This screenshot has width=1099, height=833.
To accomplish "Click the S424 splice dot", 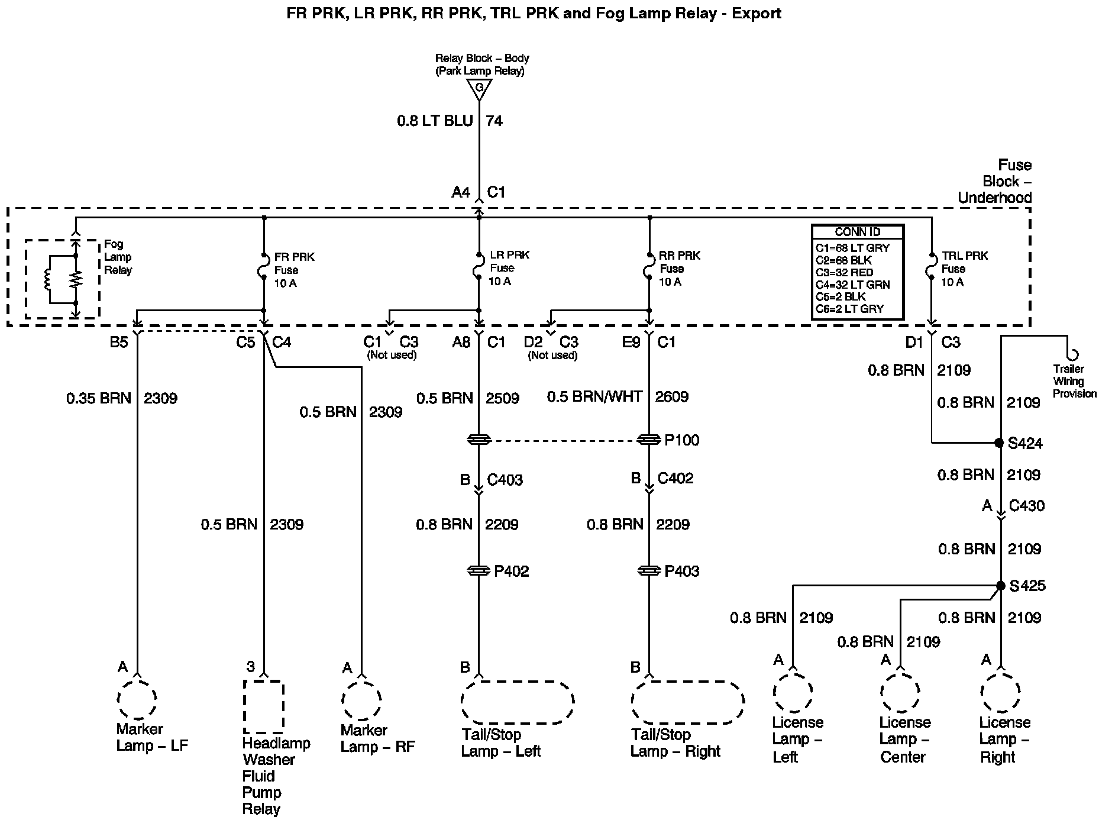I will tap(1000, 443).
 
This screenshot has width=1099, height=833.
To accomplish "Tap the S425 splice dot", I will tap(1000, 586).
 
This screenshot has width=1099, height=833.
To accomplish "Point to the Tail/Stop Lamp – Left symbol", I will tap(517, 702).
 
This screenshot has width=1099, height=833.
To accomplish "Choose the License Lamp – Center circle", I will tap(900, 692).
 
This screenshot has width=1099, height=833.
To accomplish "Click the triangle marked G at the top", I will tap(479, 89).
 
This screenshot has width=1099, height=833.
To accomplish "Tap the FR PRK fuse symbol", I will tap(264, 266).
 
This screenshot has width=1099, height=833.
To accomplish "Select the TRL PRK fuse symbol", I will tap(932, 266).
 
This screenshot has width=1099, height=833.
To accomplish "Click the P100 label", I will tap(681, 440).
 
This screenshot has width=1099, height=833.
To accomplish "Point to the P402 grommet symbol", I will tap(479, 571).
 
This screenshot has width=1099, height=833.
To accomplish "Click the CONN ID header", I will tap(857, 232).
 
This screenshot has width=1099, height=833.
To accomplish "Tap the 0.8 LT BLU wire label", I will tap(435, 121).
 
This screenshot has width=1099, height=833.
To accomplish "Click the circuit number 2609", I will tap(672, 397).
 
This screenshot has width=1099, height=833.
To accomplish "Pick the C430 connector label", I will tap(1027, 506).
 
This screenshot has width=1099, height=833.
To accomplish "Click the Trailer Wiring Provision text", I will tap(1074, 382).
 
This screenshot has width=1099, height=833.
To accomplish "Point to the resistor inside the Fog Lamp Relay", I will tap(75, 279).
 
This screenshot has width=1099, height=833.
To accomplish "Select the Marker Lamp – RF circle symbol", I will tap(361, 699).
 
